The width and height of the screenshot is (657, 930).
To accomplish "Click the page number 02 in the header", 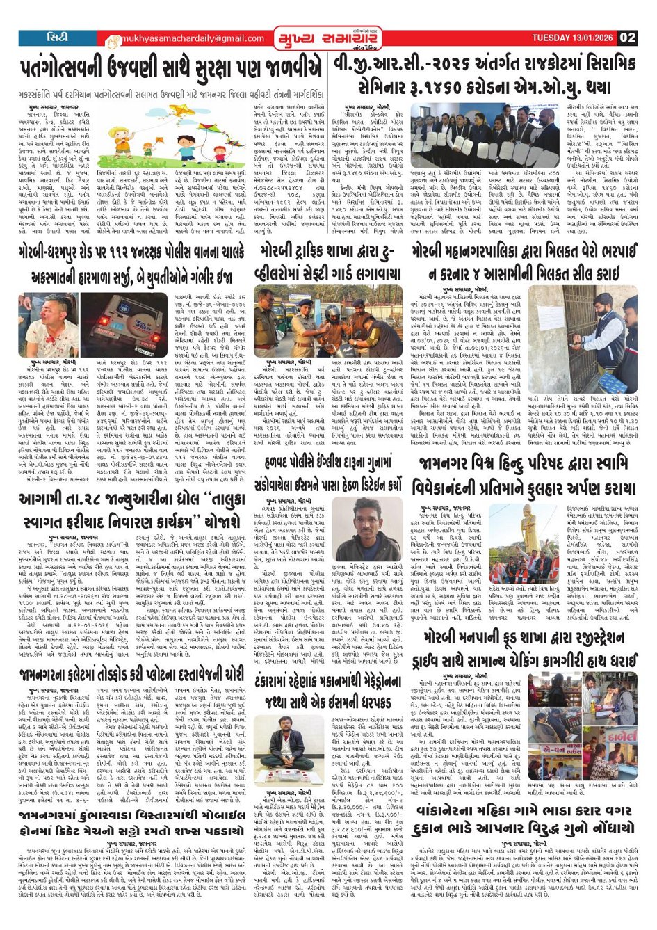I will tap(628, 38).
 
